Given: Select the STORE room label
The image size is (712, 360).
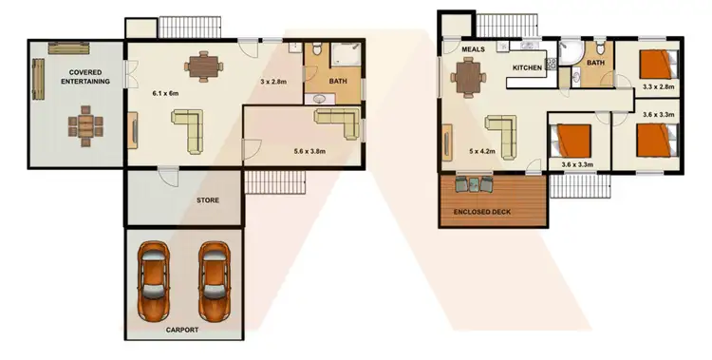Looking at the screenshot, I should pyautogui.click(x=207, y=200).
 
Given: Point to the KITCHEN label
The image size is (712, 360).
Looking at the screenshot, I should pyautogui.click(x=528, y=68).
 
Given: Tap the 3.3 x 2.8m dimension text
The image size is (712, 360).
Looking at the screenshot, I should pyautogui.click(x=658, y=87).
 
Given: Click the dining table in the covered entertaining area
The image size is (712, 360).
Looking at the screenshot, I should pyautogui.click(x=85, y=125).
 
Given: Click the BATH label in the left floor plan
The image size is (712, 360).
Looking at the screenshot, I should pyautogui.click(x=338, y=83).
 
